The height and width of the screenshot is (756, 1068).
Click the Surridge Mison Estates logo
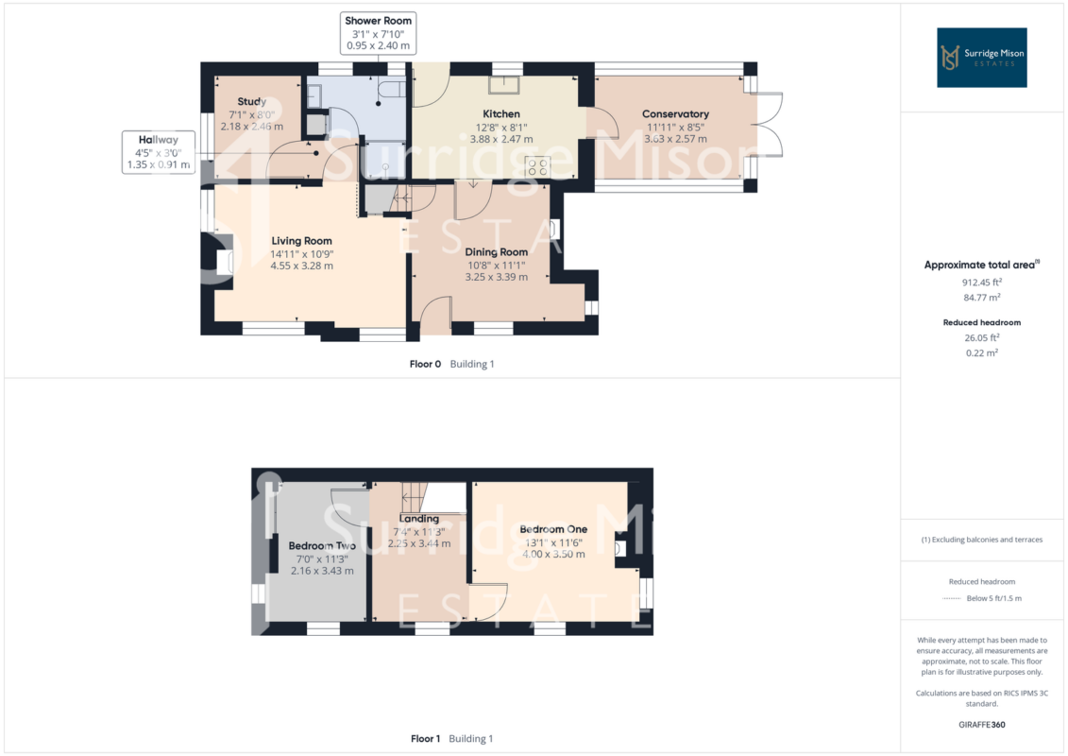(981, 58)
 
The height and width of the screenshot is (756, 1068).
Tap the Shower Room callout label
(378, 33)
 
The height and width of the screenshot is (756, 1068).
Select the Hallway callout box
(158, 152)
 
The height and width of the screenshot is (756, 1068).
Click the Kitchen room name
(501, 113)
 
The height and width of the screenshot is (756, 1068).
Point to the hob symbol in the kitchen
(537, 167)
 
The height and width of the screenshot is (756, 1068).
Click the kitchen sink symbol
(503, 84)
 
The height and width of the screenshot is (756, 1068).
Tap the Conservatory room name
(676, 113)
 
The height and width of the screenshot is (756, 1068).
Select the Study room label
(251, 101)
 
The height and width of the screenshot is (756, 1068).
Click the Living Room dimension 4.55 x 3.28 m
(302, 266)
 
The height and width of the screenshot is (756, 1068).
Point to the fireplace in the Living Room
(224, 259)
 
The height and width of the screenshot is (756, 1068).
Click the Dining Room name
(497, 252)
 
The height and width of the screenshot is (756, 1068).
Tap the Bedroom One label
(553, 529)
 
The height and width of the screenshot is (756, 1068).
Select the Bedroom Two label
(322, 545)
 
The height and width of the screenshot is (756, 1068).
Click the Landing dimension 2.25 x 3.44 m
(419, 544)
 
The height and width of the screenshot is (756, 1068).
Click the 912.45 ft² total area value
(981, 283)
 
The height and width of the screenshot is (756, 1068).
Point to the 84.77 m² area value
(981, 298)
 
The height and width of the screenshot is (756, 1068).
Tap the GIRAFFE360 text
(981, 725)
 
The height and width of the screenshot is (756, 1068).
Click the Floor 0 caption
(425, 364)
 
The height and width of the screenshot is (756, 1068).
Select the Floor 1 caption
(425, 738)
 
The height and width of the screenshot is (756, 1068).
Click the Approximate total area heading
(981, 265)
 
